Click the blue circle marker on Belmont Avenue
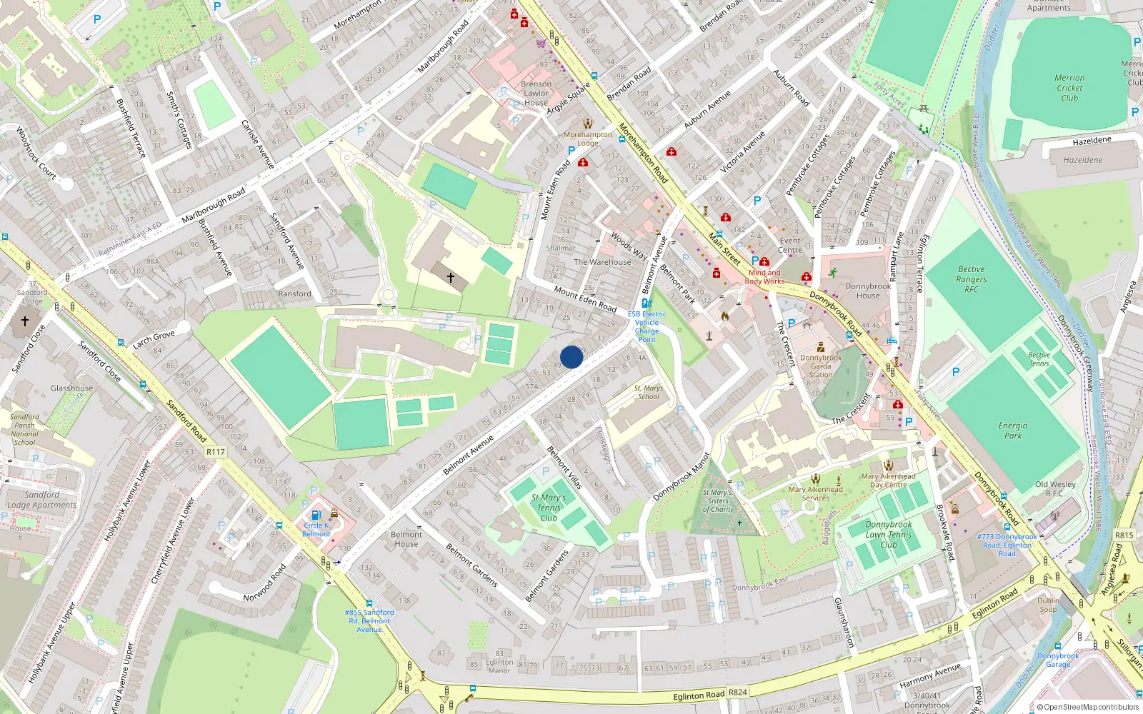pos(571,357)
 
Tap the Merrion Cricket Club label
pos(1069,88)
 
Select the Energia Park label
pos(1013,430)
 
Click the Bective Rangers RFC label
pos(971,279)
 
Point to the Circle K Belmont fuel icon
pos(316,515)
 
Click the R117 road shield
pos(215,452)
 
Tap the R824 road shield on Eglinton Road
pos(737,692)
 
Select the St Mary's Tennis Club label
pos(549,508)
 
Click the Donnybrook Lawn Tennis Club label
pos(889,534)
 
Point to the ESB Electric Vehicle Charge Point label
pos(647,326)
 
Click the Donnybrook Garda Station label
pos(821,366)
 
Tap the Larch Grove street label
pos(154,339)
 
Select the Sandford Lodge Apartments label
pos(41,500)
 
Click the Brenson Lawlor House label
pos(536,93)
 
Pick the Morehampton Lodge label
pos(588,139)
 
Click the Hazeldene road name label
pos(1092,141)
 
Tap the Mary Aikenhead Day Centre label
pos(888,481)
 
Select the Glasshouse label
pos(71,388)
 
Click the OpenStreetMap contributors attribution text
pos(1087,708)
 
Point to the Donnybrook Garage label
pos(1058,660)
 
